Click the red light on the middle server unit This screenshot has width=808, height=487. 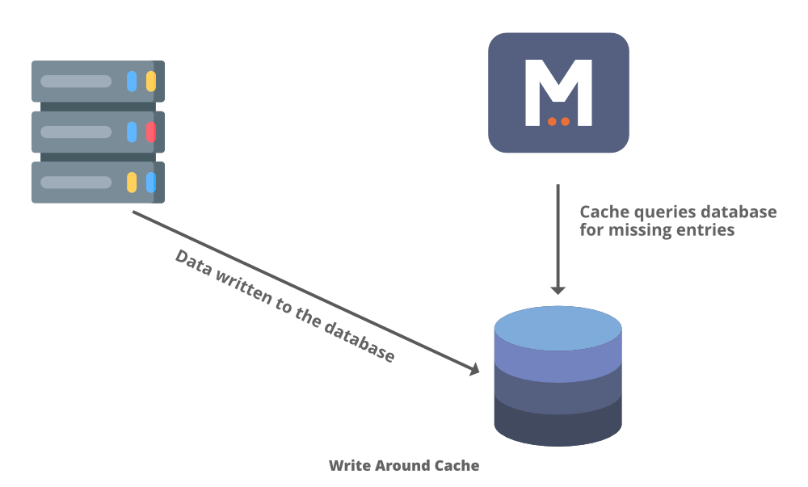[x=151, y=132]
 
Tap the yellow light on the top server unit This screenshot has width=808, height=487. [x=151, y=81]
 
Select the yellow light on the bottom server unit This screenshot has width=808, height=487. [x=132, y=182]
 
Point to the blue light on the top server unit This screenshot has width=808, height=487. [x=132, y=81]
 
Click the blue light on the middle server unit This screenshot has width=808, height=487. [x=132, y=132]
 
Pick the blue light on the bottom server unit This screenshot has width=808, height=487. [x=151, y=182]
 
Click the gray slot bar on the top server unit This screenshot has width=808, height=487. [x=76, y=81]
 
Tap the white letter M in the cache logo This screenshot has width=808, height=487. [x=558, y=90]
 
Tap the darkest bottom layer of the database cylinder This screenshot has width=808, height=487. [x=558, y=424]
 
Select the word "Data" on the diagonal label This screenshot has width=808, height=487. [x=193, y=265]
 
